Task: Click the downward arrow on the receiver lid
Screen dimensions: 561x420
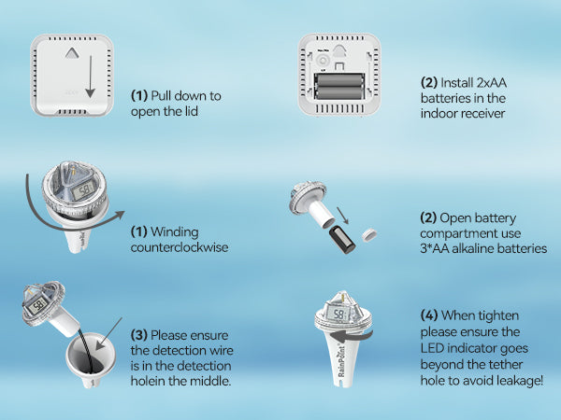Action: click(x=90, y=77)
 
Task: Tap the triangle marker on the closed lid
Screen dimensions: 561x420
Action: click(x=72, y=53)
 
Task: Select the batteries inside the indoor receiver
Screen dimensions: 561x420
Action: click(x=338, y=86)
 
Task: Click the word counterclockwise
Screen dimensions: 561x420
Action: click(x=180, y=247)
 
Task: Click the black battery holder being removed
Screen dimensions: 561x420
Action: click(x=341, y=239)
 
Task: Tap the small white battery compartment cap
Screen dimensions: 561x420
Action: click(x=369, y=235)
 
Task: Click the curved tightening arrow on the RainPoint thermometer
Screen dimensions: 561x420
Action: click(x=351, y=336)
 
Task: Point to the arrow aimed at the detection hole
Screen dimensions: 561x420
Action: click(x=108, y=333)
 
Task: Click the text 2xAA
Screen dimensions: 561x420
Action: click(x=491, y=83)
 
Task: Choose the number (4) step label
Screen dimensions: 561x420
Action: click(x=429, y=315)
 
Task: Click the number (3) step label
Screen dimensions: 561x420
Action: click(x=138, y=335)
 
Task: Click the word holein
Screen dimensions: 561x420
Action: click(x=148, y=381)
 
